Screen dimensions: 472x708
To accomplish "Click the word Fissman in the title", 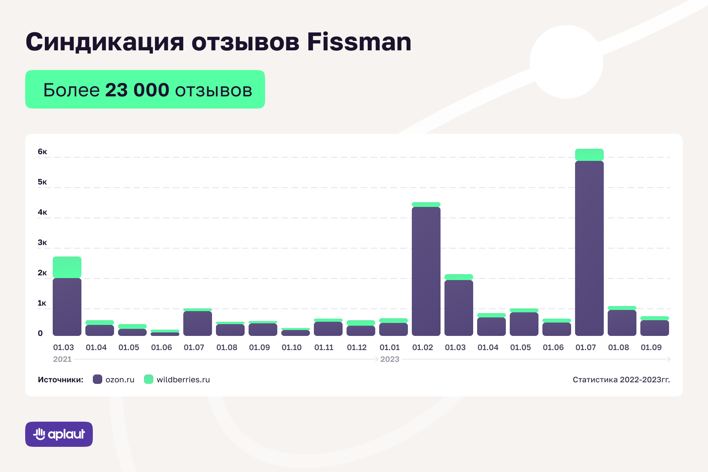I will pyautogui.click(x=359, y=42).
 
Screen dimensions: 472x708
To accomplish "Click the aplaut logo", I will pyautogui.click(x=59, y=434).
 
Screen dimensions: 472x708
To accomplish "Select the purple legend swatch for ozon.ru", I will pyautogui.click(x=98, y=380).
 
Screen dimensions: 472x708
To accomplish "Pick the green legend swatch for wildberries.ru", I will pyautogui.click(x=149, y=380).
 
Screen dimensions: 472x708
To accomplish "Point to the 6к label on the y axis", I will pyautogui.click(x=42, y=152).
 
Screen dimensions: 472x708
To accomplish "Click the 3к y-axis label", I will pyautogui.click(x=42, y=243).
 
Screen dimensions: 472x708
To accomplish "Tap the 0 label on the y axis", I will pyautogui.click(x=40, y=334).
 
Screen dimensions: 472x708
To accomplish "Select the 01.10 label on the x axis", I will pyautogui.click(x=291, y=348).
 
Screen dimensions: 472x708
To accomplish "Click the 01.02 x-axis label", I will pyautogui.click(x=422, y=348).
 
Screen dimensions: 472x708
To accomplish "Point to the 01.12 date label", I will pyautogui.click(x=357, y=348).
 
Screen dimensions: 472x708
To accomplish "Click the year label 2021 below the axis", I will pyautogui.click(x=62, y=359).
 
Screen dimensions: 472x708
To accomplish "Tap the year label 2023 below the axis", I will pyautogui.click(x=390, y=359).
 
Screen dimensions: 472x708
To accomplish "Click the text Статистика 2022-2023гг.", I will pyautogui.click(x=621, y=380).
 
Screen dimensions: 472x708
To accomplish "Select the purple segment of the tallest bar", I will pyautogui.click(x=589, y=248).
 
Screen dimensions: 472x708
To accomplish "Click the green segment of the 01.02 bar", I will pyautogui.click(x=426, y=205).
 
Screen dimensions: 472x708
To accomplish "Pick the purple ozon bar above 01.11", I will pyautogui.click(x=328, y=329).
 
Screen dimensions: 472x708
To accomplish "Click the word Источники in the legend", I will pyautogui.click(x=61, y=380).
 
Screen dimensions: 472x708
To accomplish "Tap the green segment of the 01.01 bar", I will pyautogui.click(x=393, y=321).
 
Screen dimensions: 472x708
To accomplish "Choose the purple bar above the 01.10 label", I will pyautogui.click(x=295, y=333).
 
